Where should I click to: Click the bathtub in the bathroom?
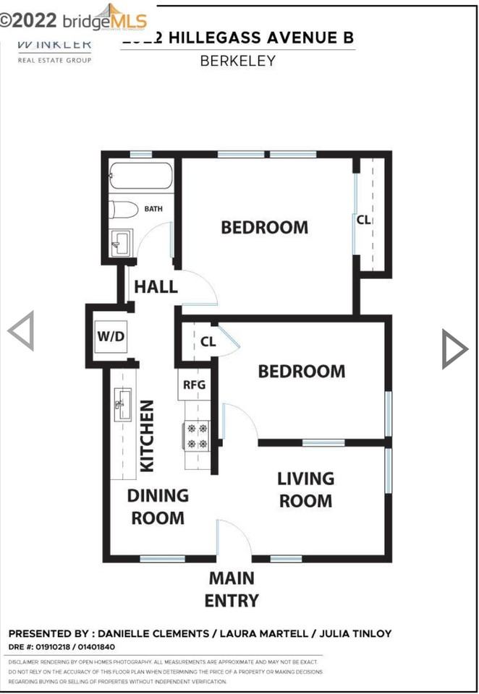tap(141, 176)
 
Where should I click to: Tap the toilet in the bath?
tap(124, 210)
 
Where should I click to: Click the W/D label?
tap(111, 337)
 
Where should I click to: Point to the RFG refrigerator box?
tap(193, 385)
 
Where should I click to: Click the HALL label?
tap(156, 286)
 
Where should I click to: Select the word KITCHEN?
tap(147, 436)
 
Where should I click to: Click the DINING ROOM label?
tap(158, 507)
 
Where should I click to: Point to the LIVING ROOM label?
tap(305, 489)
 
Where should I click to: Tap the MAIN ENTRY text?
tap(232, 588)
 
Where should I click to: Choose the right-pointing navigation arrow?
tap(454, 349)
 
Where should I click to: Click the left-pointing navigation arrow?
tap(22, 331)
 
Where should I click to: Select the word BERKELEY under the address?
tap(237, 61)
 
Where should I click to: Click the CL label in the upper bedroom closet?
tap(363, 220)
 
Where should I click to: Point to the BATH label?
tap(153, 210)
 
